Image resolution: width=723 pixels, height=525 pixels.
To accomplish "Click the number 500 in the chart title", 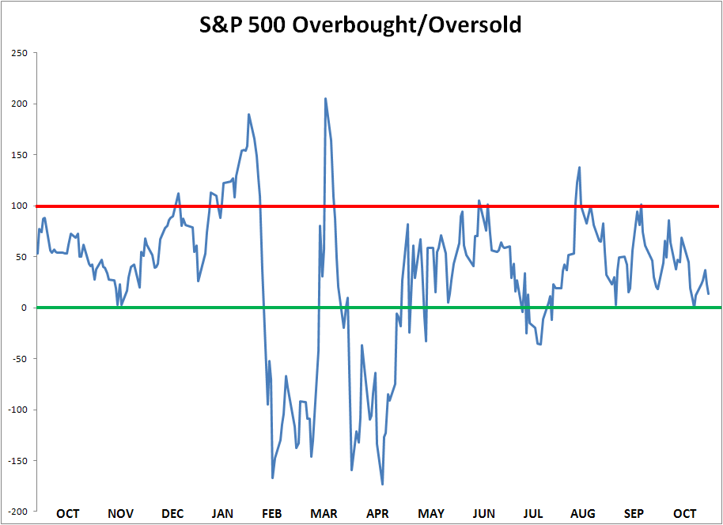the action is pos(267,25).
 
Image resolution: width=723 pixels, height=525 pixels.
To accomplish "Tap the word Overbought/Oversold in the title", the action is pos(407,25).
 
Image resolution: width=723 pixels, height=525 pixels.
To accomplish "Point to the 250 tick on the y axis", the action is pos(19,53).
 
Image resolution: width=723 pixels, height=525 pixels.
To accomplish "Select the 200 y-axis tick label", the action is pos(19,104).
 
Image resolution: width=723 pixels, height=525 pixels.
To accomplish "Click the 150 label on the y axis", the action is pos(19,155).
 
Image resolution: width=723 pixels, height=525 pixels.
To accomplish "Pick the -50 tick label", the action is pos(18,359).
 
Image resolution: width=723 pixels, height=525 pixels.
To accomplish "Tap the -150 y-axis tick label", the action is pos(17,460).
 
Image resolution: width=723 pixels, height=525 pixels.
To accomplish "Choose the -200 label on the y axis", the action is pos(17,512).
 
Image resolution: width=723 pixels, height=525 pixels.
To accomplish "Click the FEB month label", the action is pos(271,513).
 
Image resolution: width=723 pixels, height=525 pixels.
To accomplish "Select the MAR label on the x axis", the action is pos(324,513).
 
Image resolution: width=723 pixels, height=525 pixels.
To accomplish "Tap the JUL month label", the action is pos(533,513).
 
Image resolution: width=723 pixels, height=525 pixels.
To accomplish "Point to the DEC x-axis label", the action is pos(172,513).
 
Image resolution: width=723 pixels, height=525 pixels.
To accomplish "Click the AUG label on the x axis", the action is pos(583,513).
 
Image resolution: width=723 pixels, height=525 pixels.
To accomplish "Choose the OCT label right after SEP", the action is pos(685,513).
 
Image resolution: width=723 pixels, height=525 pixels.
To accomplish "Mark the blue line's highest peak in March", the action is pos(326,99).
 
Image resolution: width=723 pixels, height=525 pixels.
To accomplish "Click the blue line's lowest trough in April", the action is pos(382,484).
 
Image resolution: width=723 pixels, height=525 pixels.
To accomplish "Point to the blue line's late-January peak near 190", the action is pos(249,115).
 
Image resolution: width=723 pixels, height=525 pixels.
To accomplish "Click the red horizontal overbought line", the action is pos(377,206).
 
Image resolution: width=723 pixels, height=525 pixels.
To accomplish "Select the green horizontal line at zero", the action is pos(377,308).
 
